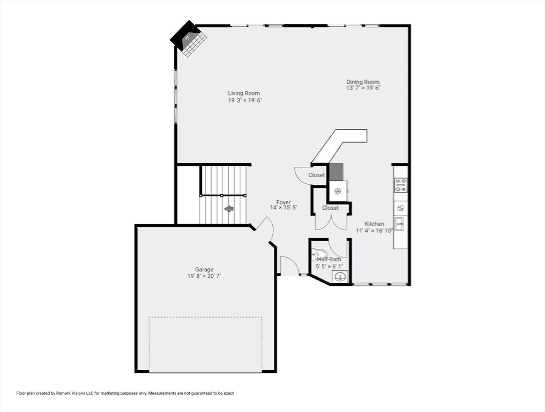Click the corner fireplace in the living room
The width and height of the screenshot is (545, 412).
189,38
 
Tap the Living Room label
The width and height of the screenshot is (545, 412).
244,93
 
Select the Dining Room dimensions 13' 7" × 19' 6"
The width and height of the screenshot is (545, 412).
363,88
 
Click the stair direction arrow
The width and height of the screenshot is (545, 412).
229,209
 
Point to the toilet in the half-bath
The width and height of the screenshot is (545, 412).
319,254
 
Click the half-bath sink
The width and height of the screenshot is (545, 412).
339,277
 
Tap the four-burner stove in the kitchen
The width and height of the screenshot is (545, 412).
400,185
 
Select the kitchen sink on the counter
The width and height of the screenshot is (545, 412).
399,224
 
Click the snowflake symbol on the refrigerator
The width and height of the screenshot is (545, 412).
338,190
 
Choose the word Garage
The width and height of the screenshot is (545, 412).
204,269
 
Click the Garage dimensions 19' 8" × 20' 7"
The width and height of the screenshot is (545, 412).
204,276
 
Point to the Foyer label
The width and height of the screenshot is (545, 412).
283,202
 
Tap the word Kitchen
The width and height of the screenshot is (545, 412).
375,224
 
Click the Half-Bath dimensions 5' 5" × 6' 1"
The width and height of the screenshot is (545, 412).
329,267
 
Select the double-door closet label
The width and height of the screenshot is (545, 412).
330,208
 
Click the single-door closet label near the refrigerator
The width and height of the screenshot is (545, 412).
317,175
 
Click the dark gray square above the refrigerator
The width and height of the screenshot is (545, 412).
337,172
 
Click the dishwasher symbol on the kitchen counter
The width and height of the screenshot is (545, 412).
400,209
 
